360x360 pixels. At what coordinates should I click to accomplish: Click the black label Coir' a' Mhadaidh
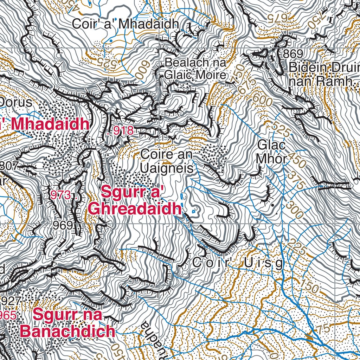click(x=126, y=24)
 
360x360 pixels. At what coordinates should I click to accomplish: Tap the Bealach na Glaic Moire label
click(x=195, y=69)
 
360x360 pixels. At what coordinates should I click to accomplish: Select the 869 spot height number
click(x=293, y=54)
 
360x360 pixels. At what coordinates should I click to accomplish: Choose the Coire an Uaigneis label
click(x=167, y=161)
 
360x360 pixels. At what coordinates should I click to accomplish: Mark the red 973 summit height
click(x=61, y=194)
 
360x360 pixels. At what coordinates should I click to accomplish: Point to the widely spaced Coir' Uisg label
click(x=238, y=263)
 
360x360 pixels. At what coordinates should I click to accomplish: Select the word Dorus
click(x=16, y=103)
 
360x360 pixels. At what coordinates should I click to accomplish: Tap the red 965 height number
click(x=8, y=315)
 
